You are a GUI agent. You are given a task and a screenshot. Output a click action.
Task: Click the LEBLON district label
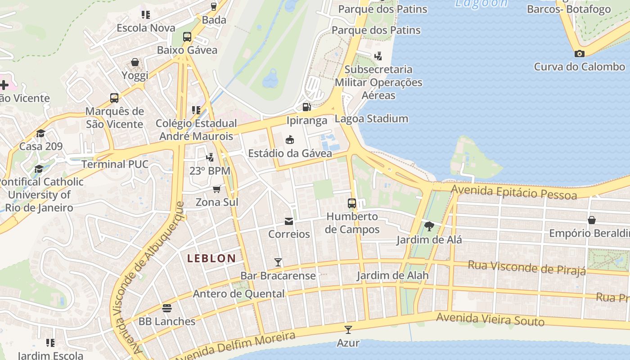[x=211, y=258]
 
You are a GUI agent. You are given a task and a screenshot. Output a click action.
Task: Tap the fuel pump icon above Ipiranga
[x=306, y=107]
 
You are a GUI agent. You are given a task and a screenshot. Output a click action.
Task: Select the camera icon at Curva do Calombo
[x=579, y=54]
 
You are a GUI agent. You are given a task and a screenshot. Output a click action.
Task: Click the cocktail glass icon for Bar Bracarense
[x=278, y=262]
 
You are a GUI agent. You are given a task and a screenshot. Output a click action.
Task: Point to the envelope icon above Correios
[x=288, y=221]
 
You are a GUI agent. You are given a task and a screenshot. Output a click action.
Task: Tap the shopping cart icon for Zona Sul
[x=216, y=189]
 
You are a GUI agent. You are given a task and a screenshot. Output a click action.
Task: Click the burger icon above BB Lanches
[x=167, y=308]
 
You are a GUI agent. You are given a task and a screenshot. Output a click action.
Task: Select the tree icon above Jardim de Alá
[x=429, y=226]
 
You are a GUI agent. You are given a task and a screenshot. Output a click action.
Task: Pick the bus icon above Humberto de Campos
[x=352, y=203]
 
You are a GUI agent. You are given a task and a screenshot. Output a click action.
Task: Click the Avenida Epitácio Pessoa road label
[x=513, y=192]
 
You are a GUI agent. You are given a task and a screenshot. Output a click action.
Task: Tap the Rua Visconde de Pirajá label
[x=526, y=267]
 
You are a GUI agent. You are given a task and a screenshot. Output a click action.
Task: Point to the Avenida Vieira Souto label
[x=490, y=319]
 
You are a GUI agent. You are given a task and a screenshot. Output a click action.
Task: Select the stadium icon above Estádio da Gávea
[x=290, y=140]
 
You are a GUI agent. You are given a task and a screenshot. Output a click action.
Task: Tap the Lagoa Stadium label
[x=371, y=119]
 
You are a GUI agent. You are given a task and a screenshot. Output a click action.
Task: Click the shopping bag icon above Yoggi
[x=135, y=62]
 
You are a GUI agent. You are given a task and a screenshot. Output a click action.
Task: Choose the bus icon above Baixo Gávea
[x=187, y=37]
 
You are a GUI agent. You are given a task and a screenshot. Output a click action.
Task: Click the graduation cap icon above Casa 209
[x=40, y=133]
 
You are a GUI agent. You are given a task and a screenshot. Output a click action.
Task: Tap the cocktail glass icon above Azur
[x=348, y=329]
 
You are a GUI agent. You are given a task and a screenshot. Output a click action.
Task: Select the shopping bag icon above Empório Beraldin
[x=591, y=220]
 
